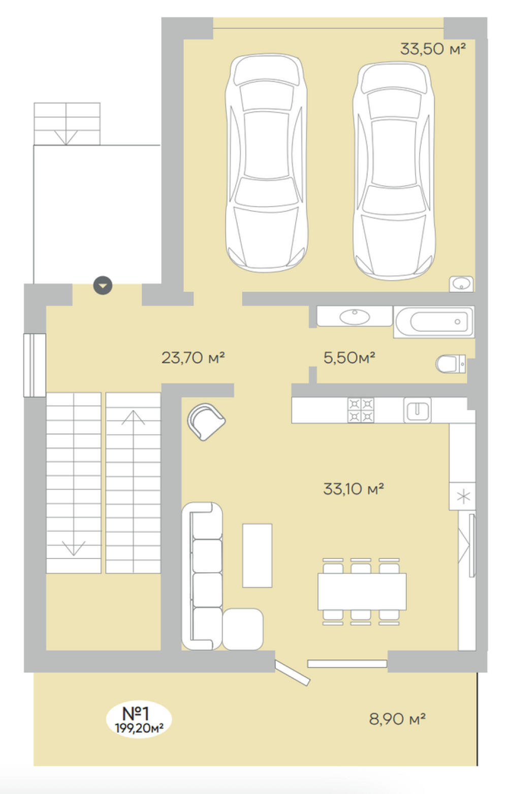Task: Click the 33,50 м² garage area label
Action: click(432, 49)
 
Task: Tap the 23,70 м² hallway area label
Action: click(193, 357)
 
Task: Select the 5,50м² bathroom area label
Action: click(349, 357)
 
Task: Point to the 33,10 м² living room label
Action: click(354, 489)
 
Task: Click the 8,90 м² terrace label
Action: click(397, 719)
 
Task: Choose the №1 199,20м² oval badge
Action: click(139, 719)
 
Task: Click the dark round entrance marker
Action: click(103, 285)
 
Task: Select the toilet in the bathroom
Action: click(451, 363)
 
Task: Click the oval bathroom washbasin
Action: click(355, 317)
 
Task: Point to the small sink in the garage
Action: click(461, 284)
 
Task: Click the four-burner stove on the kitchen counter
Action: click(361, 410)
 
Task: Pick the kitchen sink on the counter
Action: click(418, 410)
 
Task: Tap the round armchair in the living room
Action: click(206, 422)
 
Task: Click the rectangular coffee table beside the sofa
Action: click(257, 555)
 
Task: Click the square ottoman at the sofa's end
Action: click(243, 629)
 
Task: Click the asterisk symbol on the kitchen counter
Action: click(463, 497)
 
